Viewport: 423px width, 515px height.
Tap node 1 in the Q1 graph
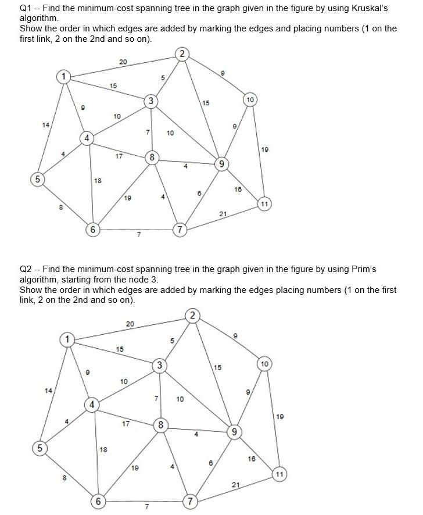[x=63, y=77]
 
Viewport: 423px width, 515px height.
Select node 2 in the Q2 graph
[x=193, y=316]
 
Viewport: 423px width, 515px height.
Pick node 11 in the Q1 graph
[x=264, y=204]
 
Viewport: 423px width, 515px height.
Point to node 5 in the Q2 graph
[x=40, y=448]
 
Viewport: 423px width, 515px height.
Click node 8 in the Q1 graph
[x=152, y=157]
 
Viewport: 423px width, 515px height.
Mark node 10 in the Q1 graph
[x=250, y=100]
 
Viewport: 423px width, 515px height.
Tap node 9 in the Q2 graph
[x=234, y=432]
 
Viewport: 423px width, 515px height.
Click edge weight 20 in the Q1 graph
[x=123, y=62]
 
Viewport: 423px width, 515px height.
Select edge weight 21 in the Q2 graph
[x=235, y=484]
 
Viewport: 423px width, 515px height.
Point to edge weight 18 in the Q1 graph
[x=98, y=181]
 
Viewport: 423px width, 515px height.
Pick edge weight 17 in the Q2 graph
[x=126, y=424]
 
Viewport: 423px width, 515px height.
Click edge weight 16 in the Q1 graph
[x=238, y=189]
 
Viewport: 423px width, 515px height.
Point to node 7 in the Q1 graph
[x=181, y=230]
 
